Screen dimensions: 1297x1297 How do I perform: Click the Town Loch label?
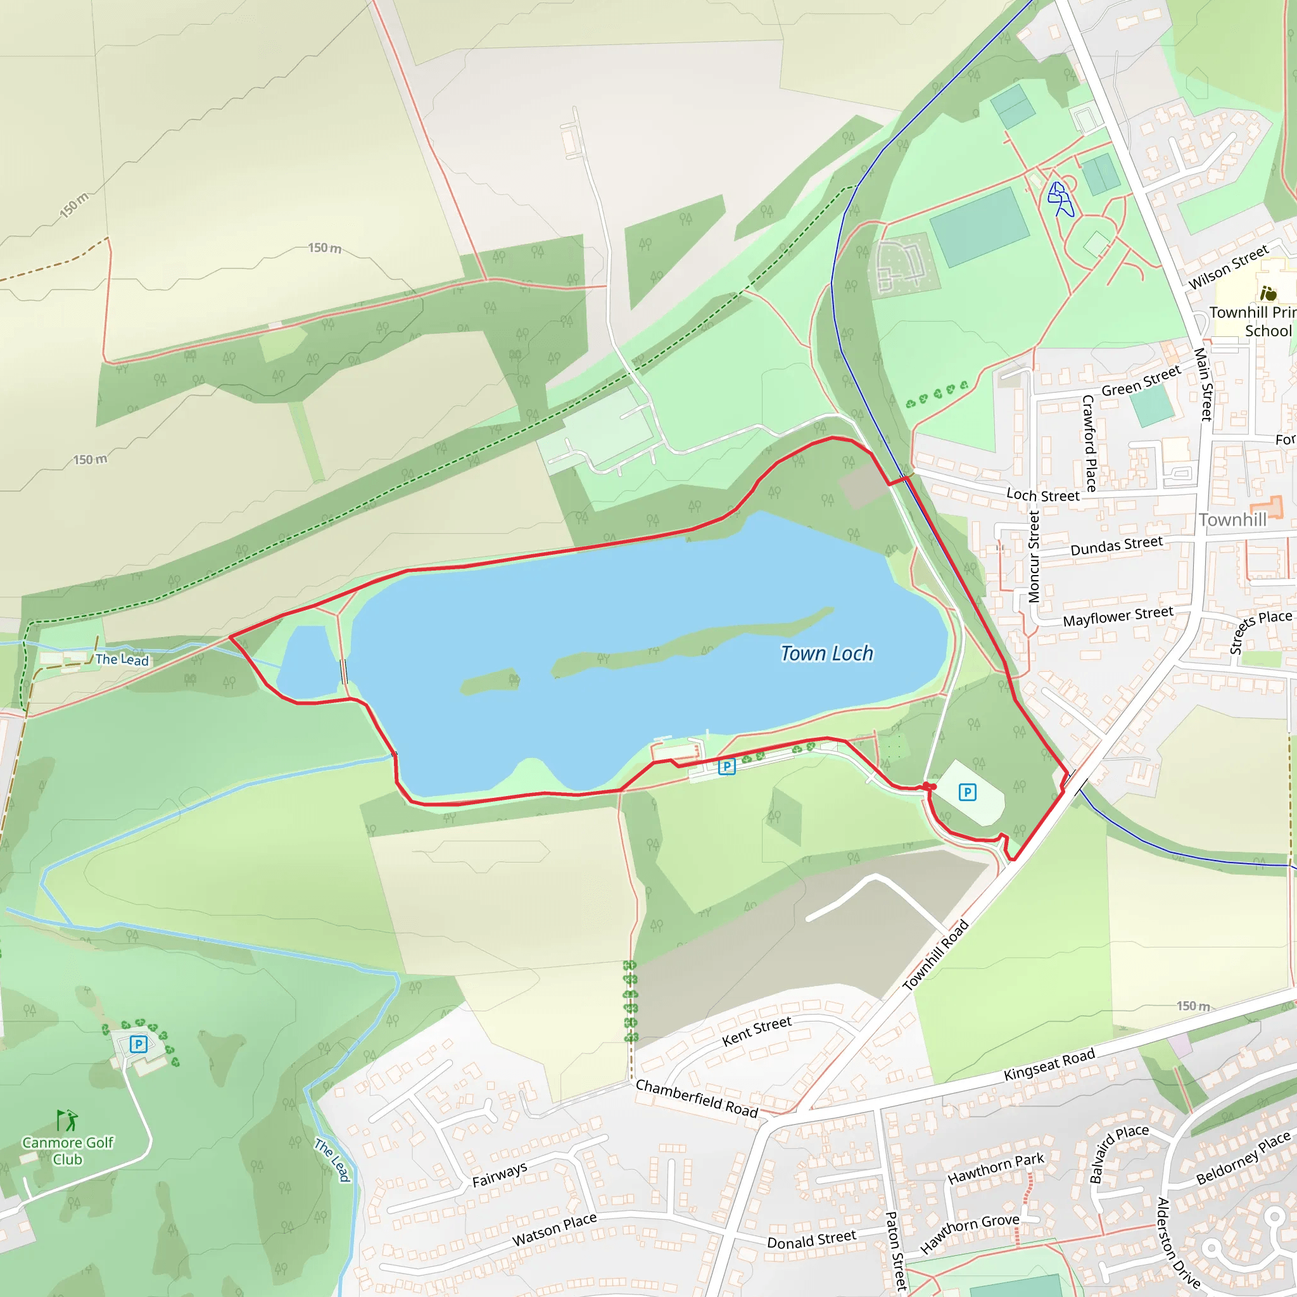click(826, 653)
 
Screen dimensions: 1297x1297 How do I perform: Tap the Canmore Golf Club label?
click(68, 1151)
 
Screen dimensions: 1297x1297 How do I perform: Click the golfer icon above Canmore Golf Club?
click(66, 1120)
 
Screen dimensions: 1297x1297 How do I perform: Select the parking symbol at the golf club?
click(138, 1044)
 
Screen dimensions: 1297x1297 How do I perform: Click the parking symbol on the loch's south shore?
click(726, 766)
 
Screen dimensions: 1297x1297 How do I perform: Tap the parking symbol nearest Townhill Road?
click(968, 792)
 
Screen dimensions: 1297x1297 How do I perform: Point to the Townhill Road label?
click(935, 955)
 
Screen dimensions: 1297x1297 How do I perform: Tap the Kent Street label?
click(757, 1031)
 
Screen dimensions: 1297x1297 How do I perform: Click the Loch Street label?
click(1042, 495)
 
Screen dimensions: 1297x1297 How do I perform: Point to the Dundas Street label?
click(1117, 546)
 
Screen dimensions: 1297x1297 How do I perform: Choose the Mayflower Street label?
click(1118, 616)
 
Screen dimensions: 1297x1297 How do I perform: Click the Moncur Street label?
click(1034, 557)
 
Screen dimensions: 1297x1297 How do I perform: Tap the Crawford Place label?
click(1089, 443)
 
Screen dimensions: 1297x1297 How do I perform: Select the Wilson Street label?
click(1229, 267)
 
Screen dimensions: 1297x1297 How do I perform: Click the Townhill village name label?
click(1232, 519)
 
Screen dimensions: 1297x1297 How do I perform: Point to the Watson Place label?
click(554, 1230)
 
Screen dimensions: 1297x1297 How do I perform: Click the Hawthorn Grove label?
click(970, 1234)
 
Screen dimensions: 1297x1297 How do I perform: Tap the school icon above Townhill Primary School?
click(1268, 293)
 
